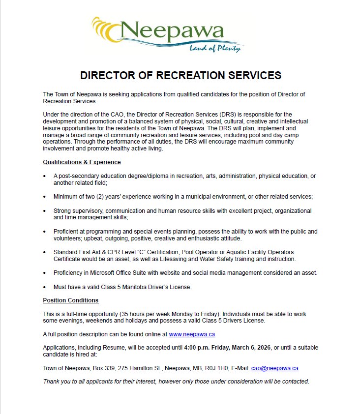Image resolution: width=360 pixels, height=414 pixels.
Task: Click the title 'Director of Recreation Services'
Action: pyautogui.click(x=180, y=75)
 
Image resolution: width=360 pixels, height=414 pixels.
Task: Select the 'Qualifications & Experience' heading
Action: pyautogui.click(x=82, y=162)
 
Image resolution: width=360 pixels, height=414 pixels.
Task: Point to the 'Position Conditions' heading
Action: pyautogui.click(x=71, y=300)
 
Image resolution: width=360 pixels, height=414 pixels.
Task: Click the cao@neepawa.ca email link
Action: pyautogui.click(x=275, y=368)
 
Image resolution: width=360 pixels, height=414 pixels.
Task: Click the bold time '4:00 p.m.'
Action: pyautogui.click(x=196, y=348)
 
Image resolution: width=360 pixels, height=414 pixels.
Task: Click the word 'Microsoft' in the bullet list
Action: pyautogui.click(x=102, y=272)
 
